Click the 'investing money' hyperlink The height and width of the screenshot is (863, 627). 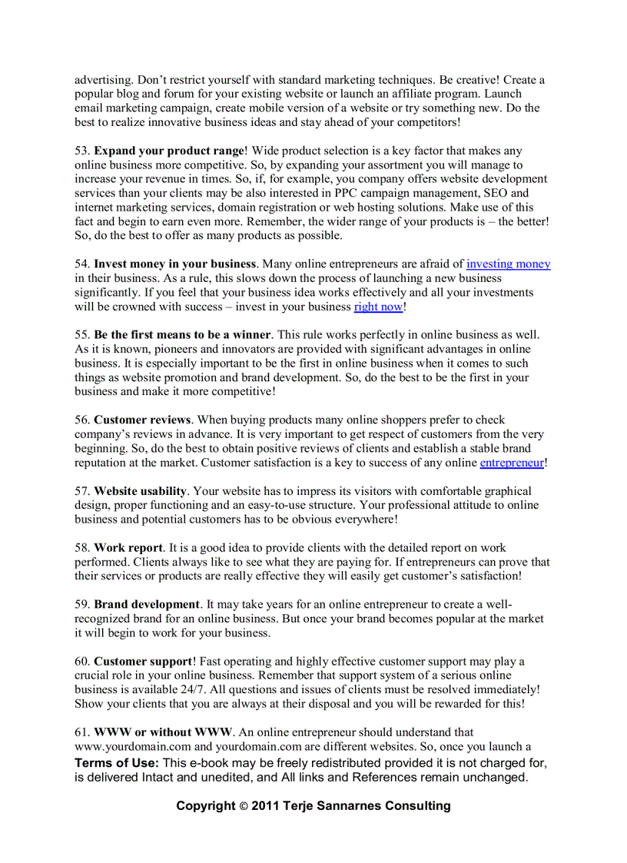pyautogui.click(x=508, y=264)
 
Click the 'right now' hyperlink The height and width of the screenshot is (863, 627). pyautogui.click(x=378, y=307)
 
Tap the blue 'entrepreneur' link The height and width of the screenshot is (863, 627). pyautogui.click(x=512, y=463)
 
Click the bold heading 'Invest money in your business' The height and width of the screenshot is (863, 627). pyautogui.click(x=174, y=264)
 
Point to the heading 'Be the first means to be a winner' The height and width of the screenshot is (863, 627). pyautogui.click(x=182, y=335)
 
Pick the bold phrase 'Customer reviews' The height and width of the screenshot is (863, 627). pyautogui.click(x=142, y=420)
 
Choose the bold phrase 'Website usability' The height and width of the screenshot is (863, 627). pyautogui.click(x=140, y=491)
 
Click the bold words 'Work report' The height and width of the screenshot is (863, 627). pyautogui.click(x=128, y=548)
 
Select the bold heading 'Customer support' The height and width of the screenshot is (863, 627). pyautogui.click(x=142, y=661)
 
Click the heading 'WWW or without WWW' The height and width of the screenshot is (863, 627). pyautogui.click(x=163, y=732)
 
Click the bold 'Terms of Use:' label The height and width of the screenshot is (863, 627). pyautogui.click(x=117, y=763)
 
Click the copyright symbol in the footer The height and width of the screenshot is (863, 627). pyautogui.click(x=244, y=806)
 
